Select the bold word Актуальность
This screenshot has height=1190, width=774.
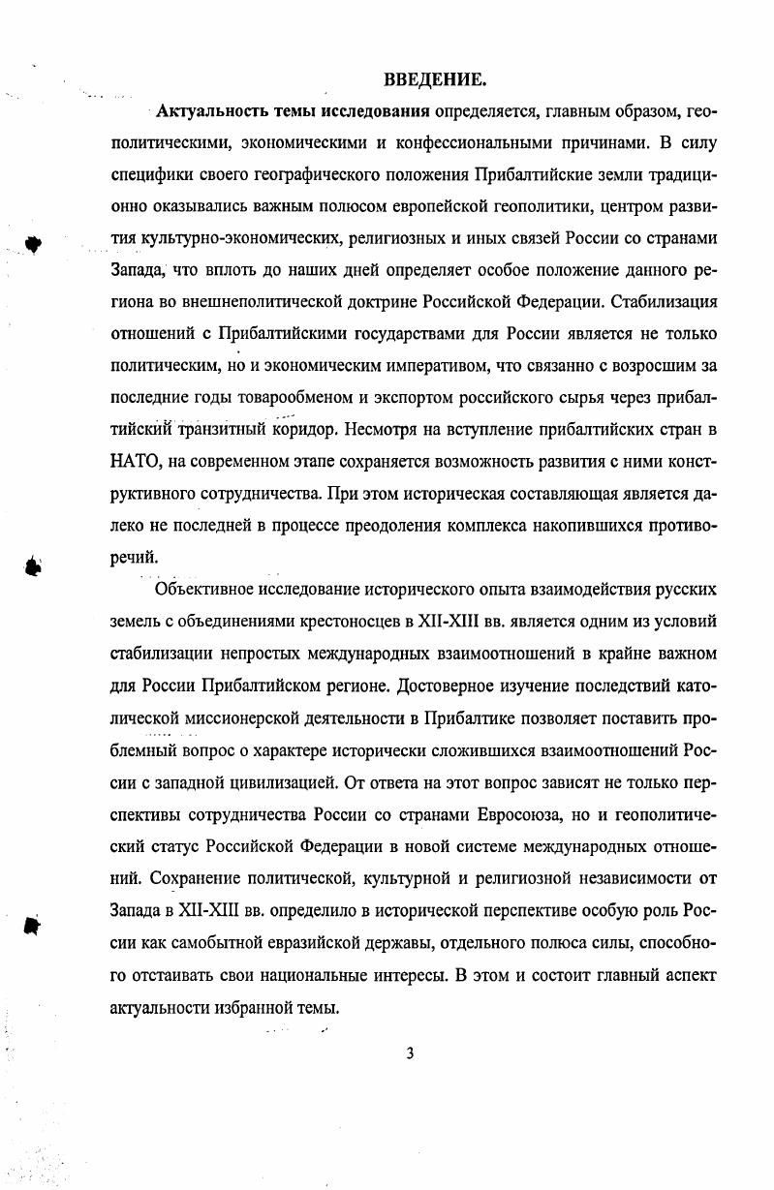[204, 112]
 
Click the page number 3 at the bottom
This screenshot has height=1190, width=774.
[411, 1053]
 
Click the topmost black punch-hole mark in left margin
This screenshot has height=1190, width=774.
[35, 243]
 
